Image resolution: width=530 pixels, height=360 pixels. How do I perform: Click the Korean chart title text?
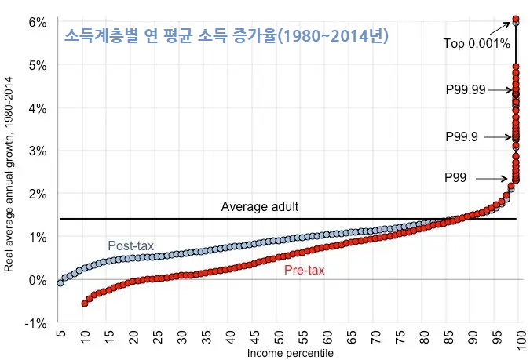(226, 36)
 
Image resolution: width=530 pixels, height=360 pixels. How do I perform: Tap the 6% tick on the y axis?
(37, 21)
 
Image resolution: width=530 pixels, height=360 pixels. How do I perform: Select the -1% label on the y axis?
(35, 322)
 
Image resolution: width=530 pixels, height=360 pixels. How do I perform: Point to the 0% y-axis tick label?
(37, 280)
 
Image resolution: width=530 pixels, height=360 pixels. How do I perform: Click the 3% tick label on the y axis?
(37, 151)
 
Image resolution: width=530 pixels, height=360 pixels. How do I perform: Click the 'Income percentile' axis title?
(290, 354)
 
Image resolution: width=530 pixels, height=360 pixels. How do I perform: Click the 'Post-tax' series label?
(130, 245)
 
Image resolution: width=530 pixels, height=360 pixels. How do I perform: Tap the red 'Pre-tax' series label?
(305, 270)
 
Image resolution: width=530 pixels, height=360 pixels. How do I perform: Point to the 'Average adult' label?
(260, 207)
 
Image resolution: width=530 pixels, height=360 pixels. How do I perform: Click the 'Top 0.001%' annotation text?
(477, 44)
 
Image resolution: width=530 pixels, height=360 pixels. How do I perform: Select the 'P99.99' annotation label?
(464, 90)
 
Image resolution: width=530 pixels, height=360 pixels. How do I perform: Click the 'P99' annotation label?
(455, 178)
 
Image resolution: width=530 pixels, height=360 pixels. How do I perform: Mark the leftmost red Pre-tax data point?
(85, 303)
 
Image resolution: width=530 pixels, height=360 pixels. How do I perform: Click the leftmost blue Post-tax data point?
(60, 282)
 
